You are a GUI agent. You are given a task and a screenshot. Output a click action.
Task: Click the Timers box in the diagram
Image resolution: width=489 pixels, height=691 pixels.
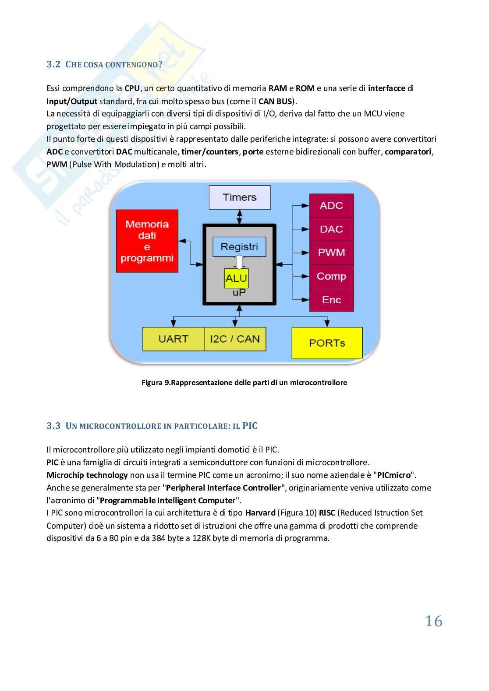(x=239, y=197)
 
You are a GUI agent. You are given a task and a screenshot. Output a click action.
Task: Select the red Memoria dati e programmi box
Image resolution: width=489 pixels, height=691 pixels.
(x=147, y=241)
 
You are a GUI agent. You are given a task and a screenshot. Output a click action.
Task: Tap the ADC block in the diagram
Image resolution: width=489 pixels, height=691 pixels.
(x=331, y=206)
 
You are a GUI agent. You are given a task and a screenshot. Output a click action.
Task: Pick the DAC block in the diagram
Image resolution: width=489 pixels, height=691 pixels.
(x=331, y=229)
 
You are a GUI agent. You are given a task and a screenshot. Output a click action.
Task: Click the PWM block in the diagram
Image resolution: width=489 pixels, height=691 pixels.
(x=331, y=253)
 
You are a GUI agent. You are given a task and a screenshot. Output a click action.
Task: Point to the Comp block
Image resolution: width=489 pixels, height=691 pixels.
(x=331, y=276)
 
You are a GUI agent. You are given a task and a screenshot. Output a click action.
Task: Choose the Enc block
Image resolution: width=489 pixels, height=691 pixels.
(x=331, y=300)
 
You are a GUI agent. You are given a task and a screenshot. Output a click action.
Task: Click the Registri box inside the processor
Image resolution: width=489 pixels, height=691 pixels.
(x=239, y=247)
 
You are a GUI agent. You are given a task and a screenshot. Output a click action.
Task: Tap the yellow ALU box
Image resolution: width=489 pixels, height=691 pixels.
(x=236, y=278)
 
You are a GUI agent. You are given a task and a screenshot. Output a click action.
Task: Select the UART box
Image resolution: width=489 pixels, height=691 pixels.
(x=174, y=339)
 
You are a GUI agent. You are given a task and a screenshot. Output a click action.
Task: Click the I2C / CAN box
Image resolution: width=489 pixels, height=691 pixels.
(x=235, y=339)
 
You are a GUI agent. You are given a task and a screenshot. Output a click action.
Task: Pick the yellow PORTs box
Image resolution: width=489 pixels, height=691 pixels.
(x=327, y=343)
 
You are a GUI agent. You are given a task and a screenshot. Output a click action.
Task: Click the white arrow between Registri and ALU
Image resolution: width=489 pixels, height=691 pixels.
(x=239, y=262)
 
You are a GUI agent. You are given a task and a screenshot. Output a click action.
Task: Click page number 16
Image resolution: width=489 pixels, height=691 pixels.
(x=434, y=621)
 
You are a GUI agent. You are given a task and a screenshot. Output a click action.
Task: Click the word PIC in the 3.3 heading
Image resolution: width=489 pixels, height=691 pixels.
(x=250, y=426)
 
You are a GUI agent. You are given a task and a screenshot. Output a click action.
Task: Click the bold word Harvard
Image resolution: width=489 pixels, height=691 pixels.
(x=260, y=513)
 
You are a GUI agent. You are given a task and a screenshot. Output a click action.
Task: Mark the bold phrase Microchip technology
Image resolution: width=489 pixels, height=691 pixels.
(x=87, y=475)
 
